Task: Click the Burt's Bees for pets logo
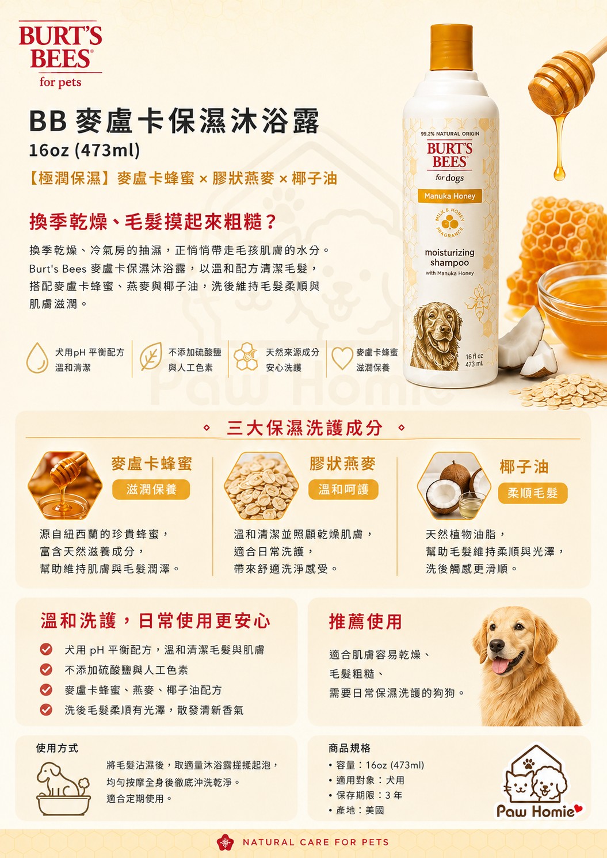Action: coord(60,54)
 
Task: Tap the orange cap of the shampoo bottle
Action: coord(451,48)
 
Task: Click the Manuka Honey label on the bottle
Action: coord(449,196)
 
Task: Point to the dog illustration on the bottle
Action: coord(437,336)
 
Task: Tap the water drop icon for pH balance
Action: coord(37,358)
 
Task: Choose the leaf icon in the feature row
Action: coord(151,356)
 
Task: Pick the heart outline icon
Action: coord(342,357)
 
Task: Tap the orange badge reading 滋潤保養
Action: coord(151,490)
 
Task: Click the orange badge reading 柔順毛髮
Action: coord(533,493)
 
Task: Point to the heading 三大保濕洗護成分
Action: coord(304,428)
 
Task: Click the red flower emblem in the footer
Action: coord(225,842)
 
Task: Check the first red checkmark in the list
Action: coord(46,649)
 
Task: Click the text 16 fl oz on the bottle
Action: coord(474,356)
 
